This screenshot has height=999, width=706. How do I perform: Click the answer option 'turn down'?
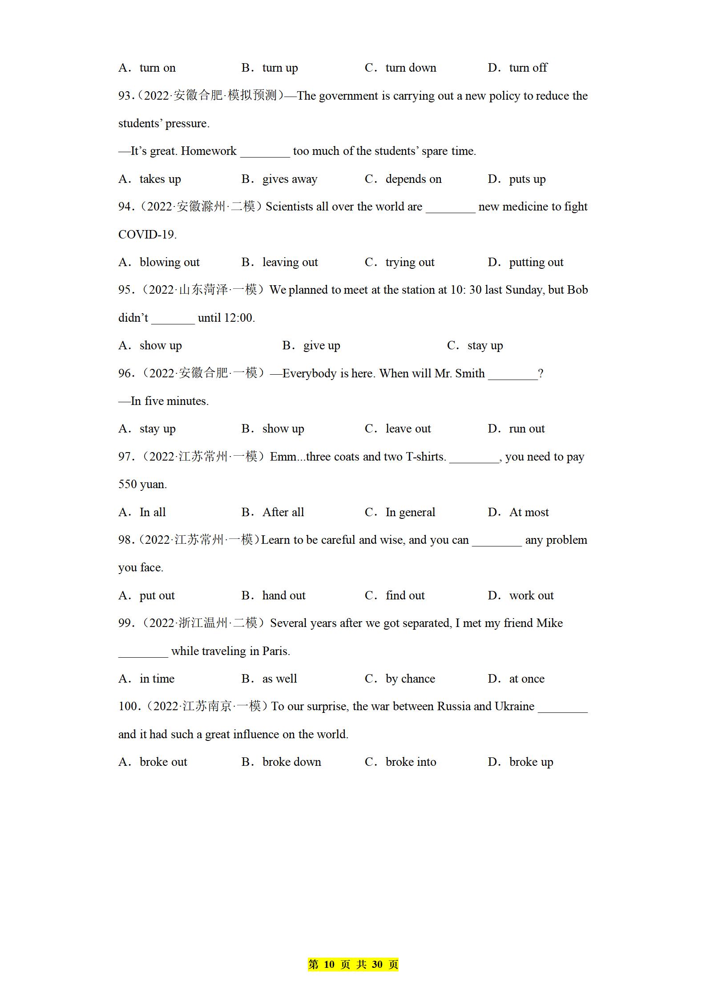[411, 68]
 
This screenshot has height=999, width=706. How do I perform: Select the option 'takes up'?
[160, 179]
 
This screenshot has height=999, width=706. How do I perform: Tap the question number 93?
[125, 96]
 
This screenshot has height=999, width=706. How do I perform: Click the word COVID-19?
[147, 235]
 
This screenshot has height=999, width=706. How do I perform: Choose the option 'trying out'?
[410, 263]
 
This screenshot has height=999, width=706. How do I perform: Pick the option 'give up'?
[322, 346]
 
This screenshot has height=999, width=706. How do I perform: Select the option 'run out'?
[527, 429]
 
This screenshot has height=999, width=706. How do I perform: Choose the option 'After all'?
[283, 513]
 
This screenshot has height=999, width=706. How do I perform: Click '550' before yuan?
[128, 485]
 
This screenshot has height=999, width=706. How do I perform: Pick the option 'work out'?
[531, 596]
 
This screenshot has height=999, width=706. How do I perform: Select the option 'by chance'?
[410, 679]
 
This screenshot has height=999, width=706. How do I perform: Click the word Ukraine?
[514, 707]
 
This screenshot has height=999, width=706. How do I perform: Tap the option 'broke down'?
[291, 762]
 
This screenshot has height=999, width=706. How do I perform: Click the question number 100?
[128, 707]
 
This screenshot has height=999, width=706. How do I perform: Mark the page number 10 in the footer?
[329, 965]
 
